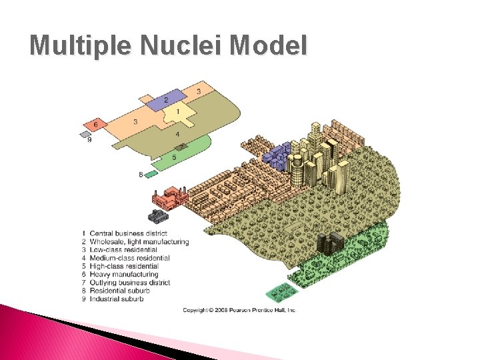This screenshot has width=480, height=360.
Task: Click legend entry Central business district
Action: pos(128,233)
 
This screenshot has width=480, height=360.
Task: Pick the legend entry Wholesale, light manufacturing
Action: pos(139,241)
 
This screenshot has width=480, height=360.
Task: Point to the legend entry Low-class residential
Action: pos(123,249)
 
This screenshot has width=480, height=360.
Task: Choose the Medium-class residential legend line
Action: pos(129,258)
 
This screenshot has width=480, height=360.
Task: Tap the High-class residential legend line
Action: pos(124,266)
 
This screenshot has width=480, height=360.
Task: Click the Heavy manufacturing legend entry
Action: pos(123,274)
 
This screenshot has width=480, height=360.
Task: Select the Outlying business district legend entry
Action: pos(129,283)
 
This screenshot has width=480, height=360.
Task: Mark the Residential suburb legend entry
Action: pos(119,291)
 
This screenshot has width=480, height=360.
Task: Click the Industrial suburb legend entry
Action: pos(117,299)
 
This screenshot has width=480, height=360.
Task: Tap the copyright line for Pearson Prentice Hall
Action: pos(239,310)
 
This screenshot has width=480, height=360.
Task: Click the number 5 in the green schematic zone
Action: pos(175,157)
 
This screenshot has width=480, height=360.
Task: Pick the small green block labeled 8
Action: pos(151,174)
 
